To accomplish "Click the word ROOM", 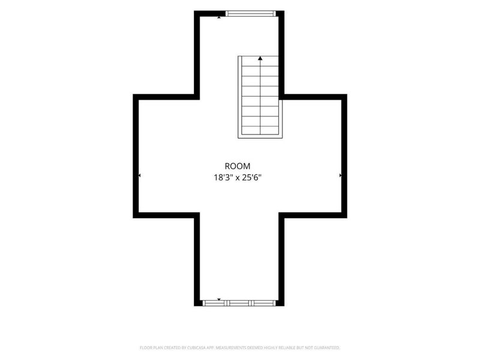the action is coord(237,166).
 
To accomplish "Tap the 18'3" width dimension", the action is coord(223,178).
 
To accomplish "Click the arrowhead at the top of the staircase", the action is coord(260,58).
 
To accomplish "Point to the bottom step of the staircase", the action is coord(260,130).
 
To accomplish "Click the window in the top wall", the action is coord(251,13).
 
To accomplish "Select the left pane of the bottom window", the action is coord(214,303).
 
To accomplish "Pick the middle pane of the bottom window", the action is coord(239,303).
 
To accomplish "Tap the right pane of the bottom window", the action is coord(263,303).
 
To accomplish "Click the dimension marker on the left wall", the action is coord(140,175).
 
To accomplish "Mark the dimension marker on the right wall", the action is coord(340,175).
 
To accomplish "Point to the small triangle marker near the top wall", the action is coord(219,17).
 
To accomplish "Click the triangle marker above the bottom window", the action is coord(219,299).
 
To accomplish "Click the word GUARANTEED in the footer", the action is coord(328,348).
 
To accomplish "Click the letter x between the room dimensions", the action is coord(237,178).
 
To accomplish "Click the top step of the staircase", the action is coord(260,61).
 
